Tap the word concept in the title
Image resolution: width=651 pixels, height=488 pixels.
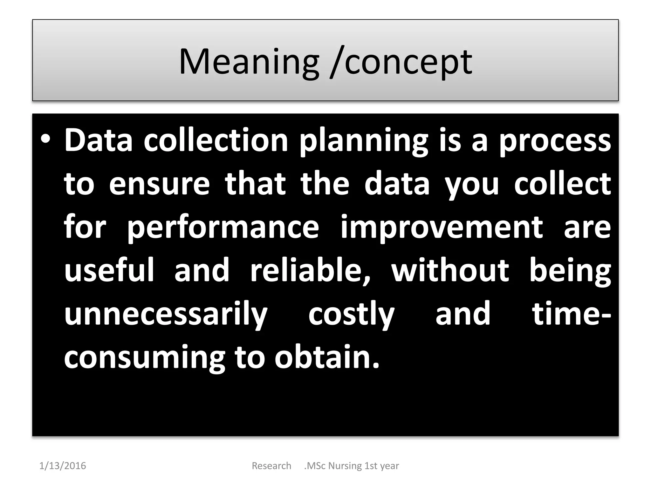408,62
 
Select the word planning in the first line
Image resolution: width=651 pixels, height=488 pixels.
364,141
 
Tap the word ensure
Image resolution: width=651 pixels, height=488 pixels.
159,184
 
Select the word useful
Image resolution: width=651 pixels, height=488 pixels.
109,270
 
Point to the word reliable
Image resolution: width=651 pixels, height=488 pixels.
310,270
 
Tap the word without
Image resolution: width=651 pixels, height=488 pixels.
450,270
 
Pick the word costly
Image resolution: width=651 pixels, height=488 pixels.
351,315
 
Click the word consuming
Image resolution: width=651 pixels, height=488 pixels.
145,358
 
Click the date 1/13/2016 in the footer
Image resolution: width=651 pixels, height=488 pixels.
63,466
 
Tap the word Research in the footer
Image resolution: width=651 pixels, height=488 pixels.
271,466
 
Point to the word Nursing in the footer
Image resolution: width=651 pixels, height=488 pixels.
345,466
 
